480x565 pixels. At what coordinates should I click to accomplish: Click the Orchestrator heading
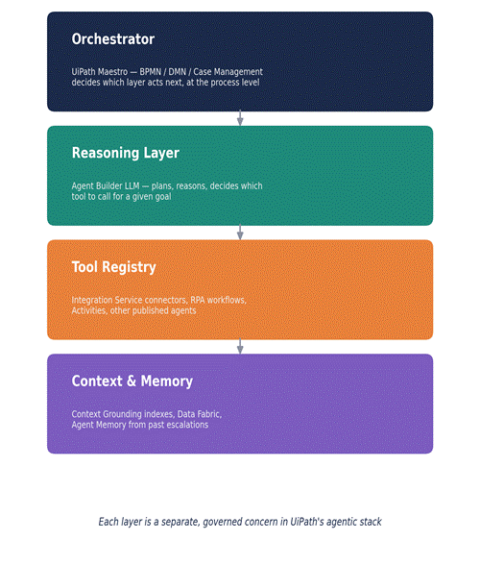pyautogui.click(x=113, y=38)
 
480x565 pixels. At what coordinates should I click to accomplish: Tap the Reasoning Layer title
pyautogui.click(x=126, y=153)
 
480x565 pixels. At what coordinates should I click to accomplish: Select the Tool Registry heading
pyautogui.click(x=114, y=267)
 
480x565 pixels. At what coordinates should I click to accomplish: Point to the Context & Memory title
pyautogui.click(x=132, y=381)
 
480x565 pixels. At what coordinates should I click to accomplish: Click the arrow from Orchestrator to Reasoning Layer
pyautogui.click(x=240, y=118)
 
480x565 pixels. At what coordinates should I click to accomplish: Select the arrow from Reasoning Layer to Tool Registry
pyautogui.click(x=240, y=233)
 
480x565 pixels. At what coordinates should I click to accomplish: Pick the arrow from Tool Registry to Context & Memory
pyautogui.click(x=240, y=346)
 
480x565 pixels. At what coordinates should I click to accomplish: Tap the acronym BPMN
pyautogui.click(x=150, y=72)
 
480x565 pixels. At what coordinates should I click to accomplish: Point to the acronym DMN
pyautogui.click(x=178, y=72)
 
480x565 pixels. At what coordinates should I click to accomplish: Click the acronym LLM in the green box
pyautogui.click(x=132, y=186)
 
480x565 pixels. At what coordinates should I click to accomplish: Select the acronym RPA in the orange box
pyautogui.click(x=198, y=300)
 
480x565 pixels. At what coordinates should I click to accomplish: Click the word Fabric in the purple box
pyautogui.click(x=208, y=414)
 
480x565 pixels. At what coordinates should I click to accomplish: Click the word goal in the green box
pyautogui.click(x=162, y=197)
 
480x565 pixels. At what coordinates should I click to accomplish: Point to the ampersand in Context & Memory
pyautogui.click(x=132, y=381)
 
